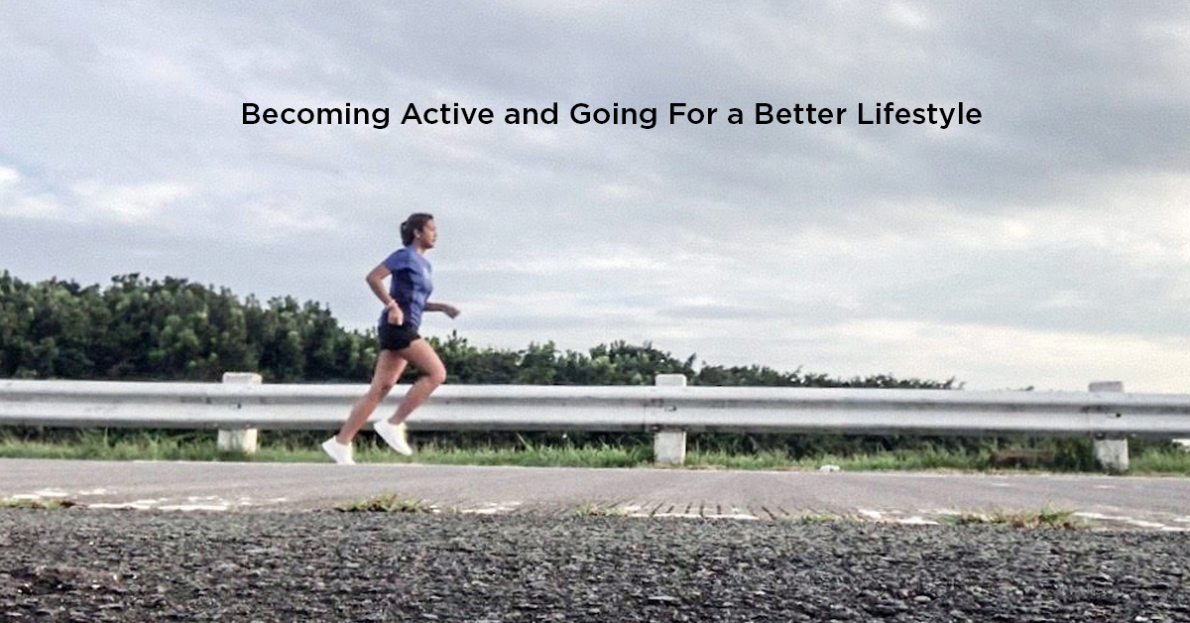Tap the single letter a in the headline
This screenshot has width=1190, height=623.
pos(733,117)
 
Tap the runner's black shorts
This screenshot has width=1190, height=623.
pos(399,336)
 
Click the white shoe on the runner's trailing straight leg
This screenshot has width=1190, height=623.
pos(337,449)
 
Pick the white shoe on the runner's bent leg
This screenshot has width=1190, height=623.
pos(393,436)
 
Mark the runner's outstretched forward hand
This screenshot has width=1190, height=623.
pos(452,311)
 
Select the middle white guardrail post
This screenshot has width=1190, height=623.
pos(670,421)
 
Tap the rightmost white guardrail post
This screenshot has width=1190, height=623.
pos(1110,426)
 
